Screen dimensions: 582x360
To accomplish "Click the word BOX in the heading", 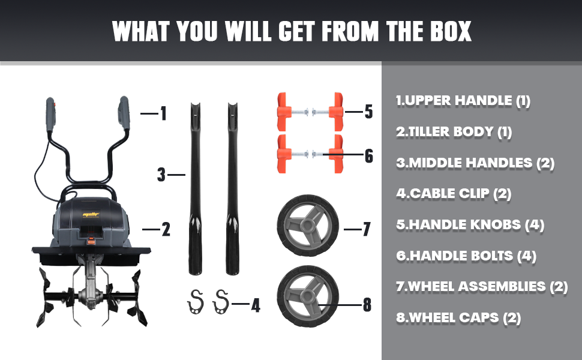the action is pos(451,31).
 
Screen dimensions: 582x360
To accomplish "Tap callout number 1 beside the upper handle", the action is pos(163,113).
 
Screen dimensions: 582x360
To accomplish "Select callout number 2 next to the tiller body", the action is pos(166,229).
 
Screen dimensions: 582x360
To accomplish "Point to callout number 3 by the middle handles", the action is pos(161,175).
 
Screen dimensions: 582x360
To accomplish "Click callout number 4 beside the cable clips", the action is pos(256,305).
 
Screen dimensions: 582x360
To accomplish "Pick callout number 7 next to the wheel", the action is pos(367,229).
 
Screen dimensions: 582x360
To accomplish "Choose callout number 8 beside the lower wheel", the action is pos(367,305).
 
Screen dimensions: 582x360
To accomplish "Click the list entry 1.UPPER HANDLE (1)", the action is pos(463,101).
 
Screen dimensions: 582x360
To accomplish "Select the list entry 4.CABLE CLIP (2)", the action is pos(454,193).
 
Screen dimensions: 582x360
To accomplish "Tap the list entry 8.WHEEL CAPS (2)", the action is pos(458,317).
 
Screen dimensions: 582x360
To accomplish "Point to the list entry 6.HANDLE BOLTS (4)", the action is pos(466,256).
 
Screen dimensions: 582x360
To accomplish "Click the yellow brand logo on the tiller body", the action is pos(91,215).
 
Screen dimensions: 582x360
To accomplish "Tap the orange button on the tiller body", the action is pos(90,241).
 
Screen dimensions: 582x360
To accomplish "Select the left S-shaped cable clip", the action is pos(195,302).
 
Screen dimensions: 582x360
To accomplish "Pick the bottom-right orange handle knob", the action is pos(337,154).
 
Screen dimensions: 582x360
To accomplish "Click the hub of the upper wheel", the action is pos(308,225).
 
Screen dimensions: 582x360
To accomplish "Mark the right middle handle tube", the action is pos(233,189).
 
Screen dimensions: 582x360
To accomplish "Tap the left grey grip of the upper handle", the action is pos(51,115).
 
